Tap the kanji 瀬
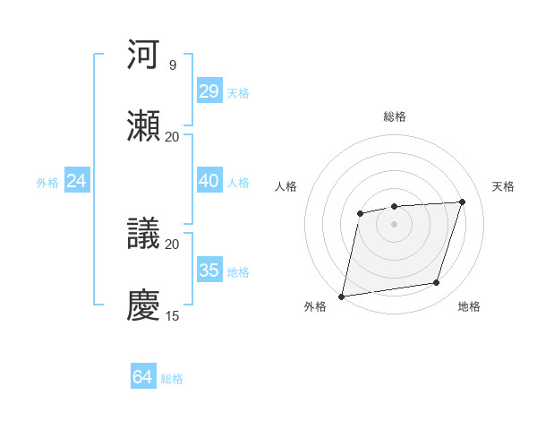pyautogui.click(x=145, y=127)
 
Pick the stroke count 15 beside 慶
pyautogui.click(x=173, y=315)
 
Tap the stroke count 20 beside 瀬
pyautogui.click(x=173, y=136)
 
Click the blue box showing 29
pyautogui.click(x=209, y=91)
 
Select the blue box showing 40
pyautogui.click(x=209, y=181)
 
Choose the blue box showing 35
pyautogui.click(x=209, y=271)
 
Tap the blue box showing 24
pyautogui.click(x=77, y=181)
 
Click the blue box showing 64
pyautogui.click(x=142, y=377)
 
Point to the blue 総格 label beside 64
pyautogui.click(x=172, y=379)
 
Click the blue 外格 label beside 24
pyautogui.click(x=47, y=183)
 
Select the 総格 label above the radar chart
pyautogui.click(x=395, y=116)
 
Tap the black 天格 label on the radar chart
pyautogui.click(x=504, y=186)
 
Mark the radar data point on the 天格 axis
pyautogui.click(x=463, y=202)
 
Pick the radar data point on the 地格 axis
pyautogui.click(x=437, y=283)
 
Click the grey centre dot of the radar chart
pyautogui.click(x=394, y=224)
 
